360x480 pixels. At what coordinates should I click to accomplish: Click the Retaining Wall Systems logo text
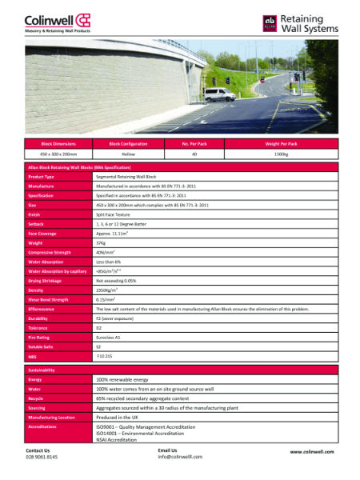[x=309, y=23]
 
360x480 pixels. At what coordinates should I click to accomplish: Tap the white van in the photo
[x=219, y=94]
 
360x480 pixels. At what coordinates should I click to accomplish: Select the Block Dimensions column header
[x=58, y=143]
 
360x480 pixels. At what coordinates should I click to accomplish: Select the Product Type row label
[x=42, y=176]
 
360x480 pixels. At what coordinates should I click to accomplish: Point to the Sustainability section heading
[x=42, y=370]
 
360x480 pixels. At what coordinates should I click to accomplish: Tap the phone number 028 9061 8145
[x=42, y=457]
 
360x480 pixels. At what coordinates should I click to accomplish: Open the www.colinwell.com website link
[x=311, y=452]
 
